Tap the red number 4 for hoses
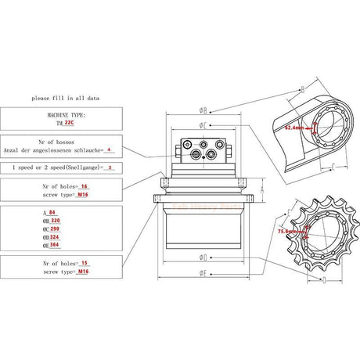(x=109, y=149)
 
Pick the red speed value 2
(x=110, y=167)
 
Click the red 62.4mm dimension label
(x=294, y=127)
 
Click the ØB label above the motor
(x=203, y=110)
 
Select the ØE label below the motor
(x=203, y=273)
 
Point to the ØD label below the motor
(x=203, y=256)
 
